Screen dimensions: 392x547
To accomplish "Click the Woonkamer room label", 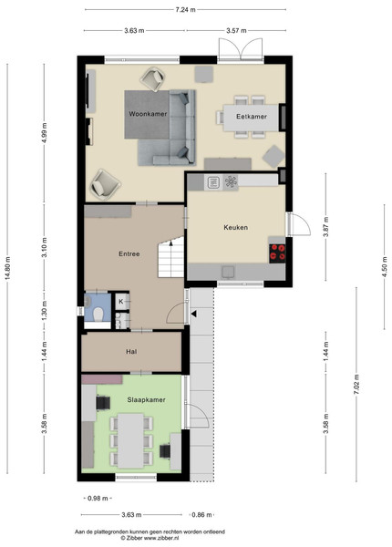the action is coord(148,114).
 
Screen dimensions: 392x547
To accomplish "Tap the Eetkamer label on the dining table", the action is coord(252,117).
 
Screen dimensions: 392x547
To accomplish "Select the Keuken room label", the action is coord(236,227).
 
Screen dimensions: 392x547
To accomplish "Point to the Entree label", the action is coord(129,254).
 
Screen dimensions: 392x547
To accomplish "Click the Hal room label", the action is coord(131,352).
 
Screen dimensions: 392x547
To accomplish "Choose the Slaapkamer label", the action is coord(146,400).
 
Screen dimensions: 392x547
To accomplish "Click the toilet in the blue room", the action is coord(98,314).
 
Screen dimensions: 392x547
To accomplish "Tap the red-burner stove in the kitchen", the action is coord(277,253).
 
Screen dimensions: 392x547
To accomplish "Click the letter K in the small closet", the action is coord(121,302).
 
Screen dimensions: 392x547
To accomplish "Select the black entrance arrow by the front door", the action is coord(193,314).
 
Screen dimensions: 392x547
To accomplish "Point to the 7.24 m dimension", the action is coord(186,10).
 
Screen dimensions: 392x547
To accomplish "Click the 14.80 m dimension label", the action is coord(7,268).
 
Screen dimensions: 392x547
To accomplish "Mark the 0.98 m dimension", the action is coord(98,499).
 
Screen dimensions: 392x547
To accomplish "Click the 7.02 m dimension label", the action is coord(356,384).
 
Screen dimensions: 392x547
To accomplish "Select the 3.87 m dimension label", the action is coord(326,227).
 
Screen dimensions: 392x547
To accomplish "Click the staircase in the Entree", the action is coord(170,257).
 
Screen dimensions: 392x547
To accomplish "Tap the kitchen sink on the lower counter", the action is coord(228,272).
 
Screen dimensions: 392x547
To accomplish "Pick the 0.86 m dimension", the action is coord(202,515).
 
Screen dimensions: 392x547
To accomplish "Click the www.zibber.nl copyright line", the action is coord(150,538).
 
